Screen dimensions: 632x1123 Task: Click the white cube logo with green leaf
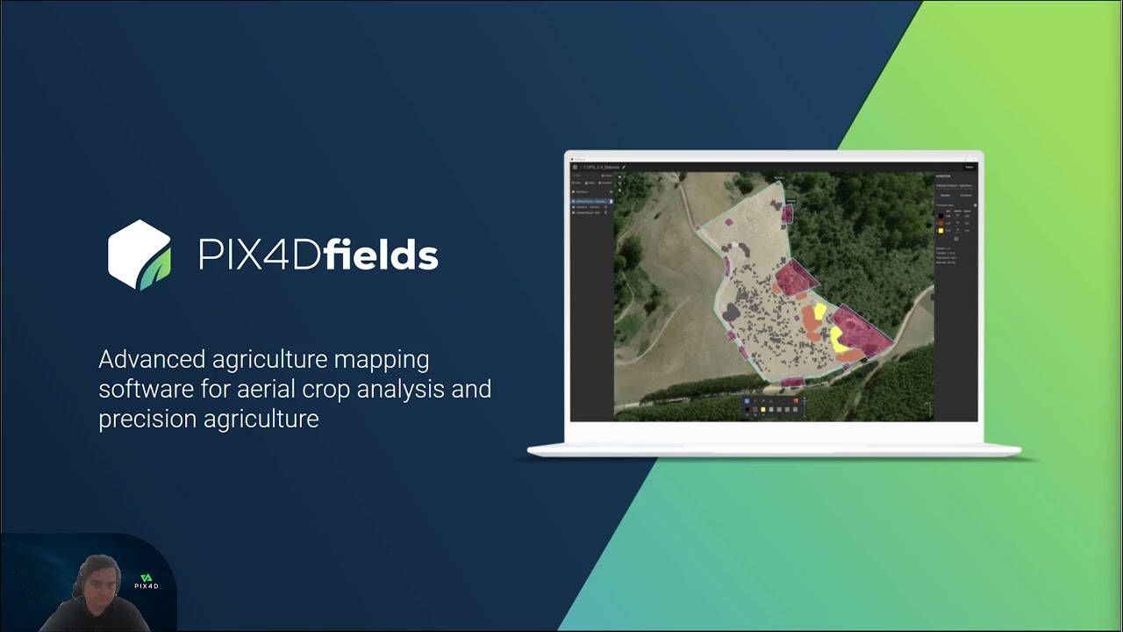tap(139, 255)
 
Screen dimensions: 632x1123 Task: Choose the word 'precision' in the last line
tap(147, 419)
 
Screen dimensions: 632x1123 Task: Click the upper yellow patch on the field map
tap(820, 311)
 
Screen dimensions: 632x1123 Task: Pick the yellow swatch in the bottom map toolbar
tap(763, 409)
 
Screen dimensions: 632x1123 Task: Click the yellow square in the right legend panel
tap(941, 230)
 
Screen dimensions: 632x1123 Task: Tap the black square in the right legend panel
tap(941, 216)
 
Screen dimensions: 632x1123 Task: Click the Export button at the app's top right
tap(969, 167)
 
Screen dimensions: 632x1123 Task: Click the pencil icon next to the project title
tap(624, 167)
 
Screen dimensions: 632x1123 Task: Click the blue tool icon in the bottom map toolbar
tap(747, 401)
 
